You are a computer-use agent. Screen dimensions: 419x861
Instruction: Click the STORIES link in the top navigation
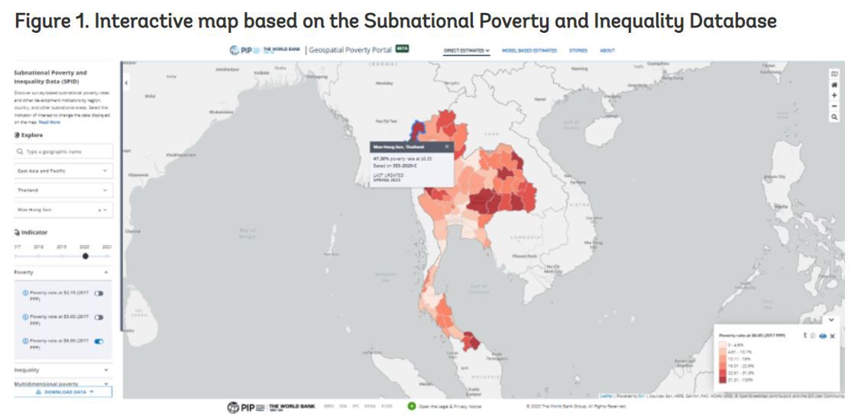578,50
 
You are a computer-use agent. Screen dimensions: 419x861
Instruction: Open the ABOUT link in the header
607,50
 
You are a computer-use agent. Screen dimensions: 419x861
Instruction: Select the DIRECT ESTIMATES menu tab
467,50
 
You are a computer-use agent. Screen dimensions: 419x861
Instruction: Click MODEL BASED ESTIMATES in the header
529,50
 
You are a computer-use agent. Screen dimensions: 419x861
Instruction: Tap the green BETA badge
402,49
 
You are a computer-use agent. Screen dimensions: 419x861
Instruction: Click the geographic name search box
63,152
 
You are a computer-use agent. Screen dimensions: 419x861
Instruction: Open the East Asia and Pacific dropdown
63,171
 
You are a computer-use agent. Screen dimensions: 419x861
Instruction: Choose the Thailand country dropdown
63,190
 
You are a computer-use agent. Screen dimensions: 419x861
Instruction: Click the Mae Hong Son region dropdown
63,209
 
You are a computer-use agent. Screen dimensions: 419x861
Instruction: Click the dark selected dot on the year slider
86,256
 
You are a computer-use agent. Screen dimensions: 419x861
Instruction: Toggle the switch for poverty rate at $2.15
99,293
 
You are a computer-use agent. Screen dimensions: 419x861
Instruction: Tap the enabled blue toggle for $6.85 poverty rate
99,341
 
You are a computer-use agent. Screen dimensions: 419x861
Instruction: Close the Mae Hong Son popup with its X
447,146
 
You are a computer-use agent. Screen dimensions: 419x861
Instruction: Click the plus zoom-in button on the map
834,95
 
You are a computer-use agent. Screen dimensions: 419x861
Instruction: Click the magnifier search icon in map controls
834,117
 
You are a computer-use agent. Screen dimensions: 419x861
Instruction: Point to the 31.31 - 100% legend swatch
723,379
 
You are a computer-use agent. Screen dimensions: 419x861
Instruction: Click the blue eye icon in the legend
823,336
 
